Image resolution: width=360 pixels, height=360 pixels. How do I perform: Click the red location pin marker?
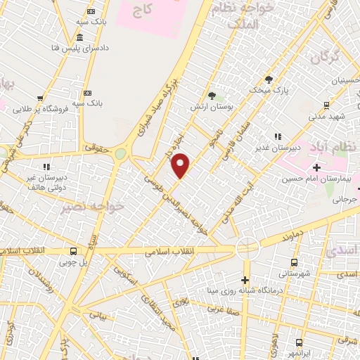tap(181, 165)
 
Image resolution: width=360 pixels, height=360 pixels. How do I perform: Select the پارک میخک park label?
tap(268, 91)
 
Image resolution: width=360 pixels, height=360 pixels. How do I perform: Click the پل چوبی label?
tap(74, 262)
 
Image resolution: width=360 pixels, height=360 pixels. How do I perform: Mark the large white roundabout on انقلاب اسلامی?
tap(247, 247)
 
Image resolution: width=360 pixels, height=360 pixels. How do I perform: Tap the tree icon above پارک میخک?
tap(268, 79)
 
